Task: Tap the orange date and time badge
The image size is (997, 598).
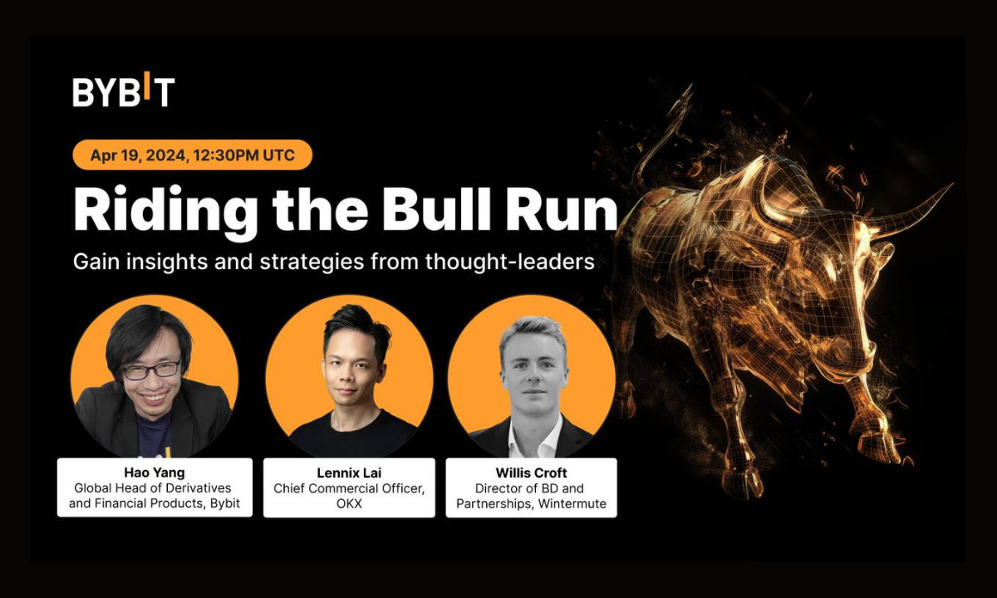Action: [x=192, y=154]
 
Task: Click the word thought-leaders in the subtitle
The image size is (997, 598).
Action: [x=510, y=262]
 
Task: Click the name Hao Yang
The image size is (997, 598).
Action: [x=155, y=473]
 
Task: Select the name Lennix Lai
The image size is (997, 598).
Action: [x=349, y=473]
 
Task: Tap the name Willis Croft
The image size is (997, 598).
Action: [x=531, y=473]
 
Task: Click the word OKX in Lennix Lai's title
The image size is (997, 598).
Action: [x=350, y=503]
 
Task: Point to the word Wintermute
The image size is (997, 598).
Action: [x=572, y=503]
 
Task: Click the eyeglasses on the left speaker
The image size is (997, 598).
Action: [x=151, y=370]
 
